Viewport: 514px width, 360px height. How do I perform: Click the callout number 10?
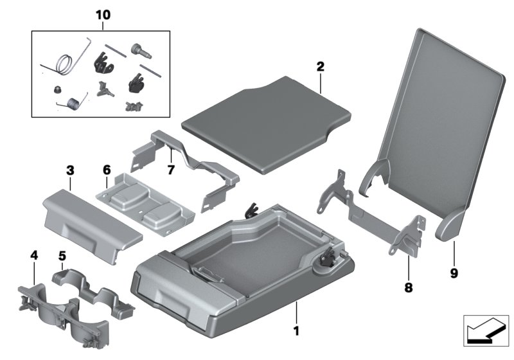pyautogui.click(x=103, y=15)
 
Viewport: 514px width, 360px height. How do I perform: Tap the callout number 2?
pyautogui.click(x=320, y=66)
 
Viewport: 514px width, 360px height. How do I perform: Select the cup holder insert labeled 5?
pyautogui.click(x=96, y=292)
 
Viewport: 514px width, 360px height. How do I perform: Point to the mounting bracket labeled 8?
pyautogui.click(x=373, y=215)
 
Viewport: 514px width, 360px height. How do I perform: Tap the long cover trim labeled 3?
pyautogui.click(x=90, y=219)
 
